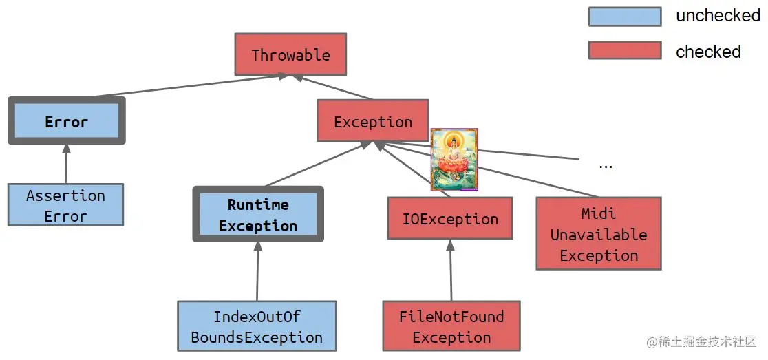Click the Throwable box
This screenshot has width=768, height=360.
tap(290, 54)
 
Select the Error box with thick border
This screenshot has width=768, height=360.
tap(67, 121)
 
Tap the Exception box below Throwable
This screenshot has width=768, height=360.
tap(372, 122)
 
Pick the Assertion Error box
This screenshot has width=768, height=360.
tap(65, 205)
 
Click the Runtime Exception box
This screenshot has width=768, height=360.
tap(258, 214)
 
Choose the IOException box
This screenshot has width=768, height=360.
tap(450, 219)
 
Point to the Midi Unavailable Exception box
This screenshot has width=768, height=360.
tap(598, 234)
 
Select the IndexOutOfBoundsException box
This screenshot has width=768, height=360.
tap(257, 326)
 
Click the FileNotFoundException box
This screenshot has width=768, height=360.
tap(451, 326)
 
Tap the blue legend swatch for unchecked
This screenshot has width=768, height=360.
tap(624, 17)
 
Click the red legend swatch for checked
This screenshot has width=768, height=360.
tap(624, 50)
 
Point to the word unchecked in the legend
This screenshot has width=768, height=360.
tap(718, 16)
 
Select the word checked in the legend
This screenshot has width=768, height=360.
tap(708, 52)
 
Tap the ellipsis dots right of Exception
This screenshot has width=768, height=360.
tap(606, 165)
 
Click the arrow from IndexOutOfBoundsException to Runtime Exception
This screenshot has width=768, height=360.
tap(257, 271)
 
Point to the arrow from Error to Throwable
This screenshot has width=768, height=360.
tap(186, 86)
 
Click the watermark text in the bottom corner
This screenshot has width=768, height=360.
tap(702, 342)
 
